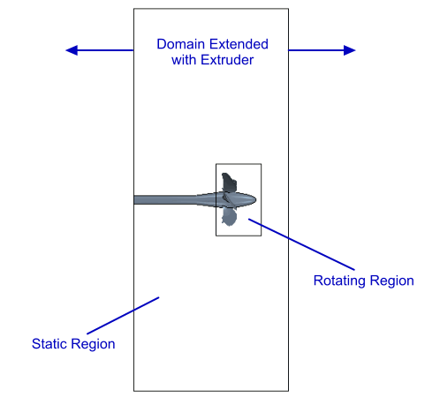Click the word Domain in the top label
[180, 44]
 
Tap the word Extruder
[227, 60]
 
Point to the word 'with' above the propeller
[184, 60]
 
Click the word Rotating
[339, 281]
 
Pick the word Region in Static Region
[93, 344]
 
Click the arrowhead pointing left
[72, 50]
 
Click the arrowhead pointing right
[350, 50]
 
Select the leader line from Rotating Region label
[301, 244]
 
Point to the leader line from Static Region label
[123, 316]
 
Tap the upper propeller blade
[229, 182]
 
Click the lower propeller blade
[229, 217]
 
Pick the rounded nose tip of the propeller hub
[255, 200]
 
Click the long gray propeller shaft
[165, 199]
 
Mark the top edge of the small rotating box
[239, 164]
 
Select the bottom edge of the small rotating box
[239, 236]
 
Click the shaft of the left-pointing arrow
[105, 50]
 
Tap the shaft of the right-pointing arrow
[316, 50]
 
